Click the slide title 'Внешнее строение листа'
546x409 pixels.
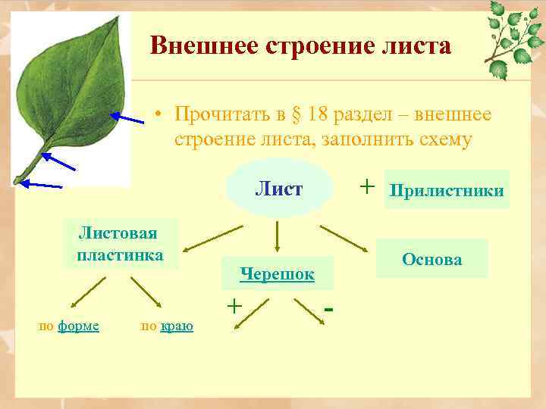300,46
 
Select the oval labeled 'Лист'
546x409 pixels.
279,189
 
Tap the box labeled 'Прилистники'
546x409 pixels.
446,189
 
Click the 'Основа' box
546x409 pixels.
431,259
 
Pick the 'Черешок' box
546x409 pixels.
276,274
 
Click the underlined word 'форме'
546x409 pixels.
78,326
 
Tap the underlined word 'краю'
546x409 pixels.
177,326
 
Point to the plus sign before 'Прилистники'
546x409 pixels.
367,186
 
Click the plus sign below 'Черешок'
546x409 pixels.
235,304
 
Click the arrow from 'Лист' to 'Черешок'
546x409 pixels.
277,236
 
